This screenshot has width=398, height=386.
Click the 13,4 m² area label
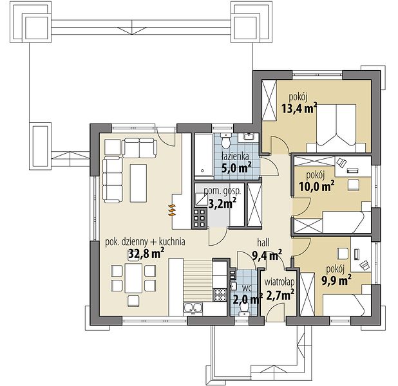pos(299,109)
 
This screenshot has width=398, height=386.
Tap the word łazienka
pos(235,156)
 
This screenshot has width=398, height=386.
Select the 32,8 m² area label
pos(146,253)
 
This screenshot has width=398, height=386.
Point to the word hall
pos(263,243)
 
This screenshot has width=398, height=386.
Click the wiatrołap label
pos(280,282)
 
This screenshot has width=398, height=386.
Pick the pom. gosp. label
pos(222,191)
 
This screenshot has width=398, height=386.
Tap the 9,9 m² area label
pos(337,280)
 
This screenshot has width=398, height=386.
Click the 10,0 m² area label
pos(316,187)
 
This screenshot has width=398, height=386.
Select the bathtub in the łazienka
pos(204,154)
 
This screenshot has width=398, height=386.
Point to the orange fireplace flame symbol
pos(172,210)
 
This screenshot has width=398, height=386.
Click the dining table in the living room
pos(133,278)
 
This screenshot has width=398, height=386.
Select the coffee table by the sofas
pos(138,183)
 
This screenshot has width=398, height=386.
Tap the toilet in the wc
pos(244,309)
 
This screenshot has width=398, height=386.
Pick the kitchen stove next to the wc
pos(220,295)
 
